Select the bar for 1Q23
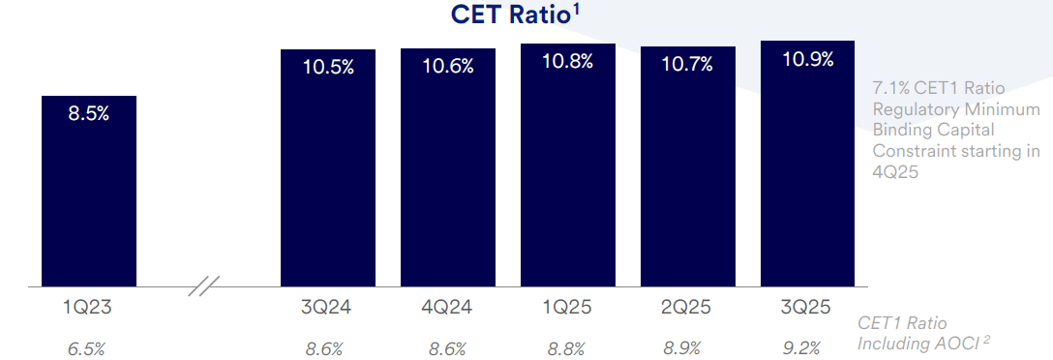[89, 194]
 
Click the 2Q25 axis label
[687, 309]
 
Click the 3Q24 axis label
[327, 309]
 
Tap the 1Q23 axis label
[88, 309]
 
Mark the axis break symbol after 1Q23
[204, 286]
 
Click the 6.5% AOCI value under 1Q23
[87, 348]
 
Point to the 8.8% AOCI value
[567, 348]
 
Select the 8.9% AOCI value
[686, 348]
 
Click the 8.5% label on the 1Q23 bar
[88, 113]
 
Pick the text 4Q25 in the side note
[894, 171]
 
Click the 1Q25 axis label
[568, 309]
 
